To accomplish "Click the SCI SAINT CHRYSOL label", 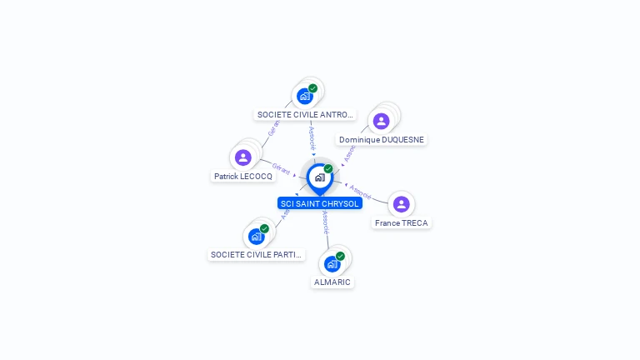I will (x=320, y=203).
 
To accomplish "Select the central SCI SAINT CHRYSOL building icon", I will (x=319, y=177).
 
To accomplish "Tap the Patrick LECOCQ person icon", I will (x=243, y=157).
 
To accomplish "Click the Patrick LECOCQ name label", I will (x=242, y=177).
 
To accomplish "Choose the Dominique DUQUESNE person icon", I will (x=381, y=121).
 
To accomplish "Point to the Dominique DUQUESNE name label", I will (x=382, y=140).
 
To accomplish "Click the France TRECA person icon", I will (x=401, y=204).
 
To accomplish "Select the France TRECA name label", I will (x=402, y=223).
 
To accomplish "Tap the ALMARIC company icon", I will (x=332, y=264).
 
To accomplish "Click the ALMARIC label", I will (x=332, y=282).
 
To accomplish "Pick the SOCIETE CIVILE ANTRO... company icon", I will (x=304, y=96).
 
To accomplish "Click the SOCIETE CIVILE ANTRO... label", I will (x=305, y=115).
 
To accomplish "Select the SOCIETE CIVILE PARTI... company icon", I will (x=256, y=236).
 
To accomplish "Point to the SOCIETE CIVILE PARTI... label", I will (x=257, y=255).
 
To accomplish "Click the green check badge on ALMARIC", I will (x=340, y=256).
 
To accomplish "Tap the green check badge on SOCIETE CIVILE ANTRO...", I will (x=312, y=87).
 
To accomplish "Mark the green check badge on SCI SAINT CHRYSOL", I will (x=328, y=169).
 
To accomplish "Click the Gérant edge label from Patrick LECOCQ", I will (x=281, y=169).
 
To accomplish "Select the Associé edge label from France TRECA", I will (x=360, y=191).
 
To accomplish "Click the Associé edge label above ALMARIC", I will (x=325, y=222).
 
